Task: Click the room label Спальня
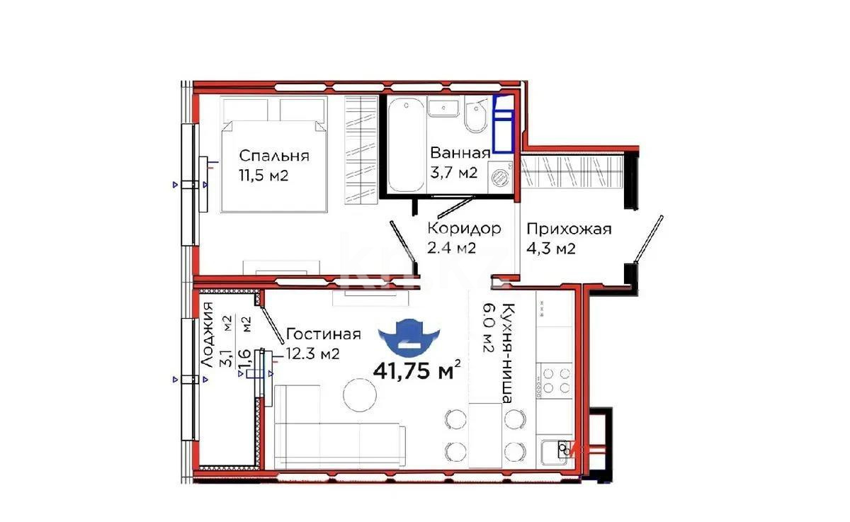pos(273,155)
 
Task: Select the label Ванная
pos(460,153)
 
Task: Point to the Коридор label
pos(464,228)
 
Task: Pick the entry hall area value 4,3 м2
pos(550,249)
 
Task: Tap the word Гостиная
pos(323,334)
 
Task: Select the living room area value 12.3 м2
pos(312,353)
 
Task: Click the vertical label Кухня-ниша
pos(507,354)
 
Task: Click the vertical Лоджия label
pos(207,334)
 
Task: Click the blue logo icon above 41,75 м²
pos(411,334)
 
